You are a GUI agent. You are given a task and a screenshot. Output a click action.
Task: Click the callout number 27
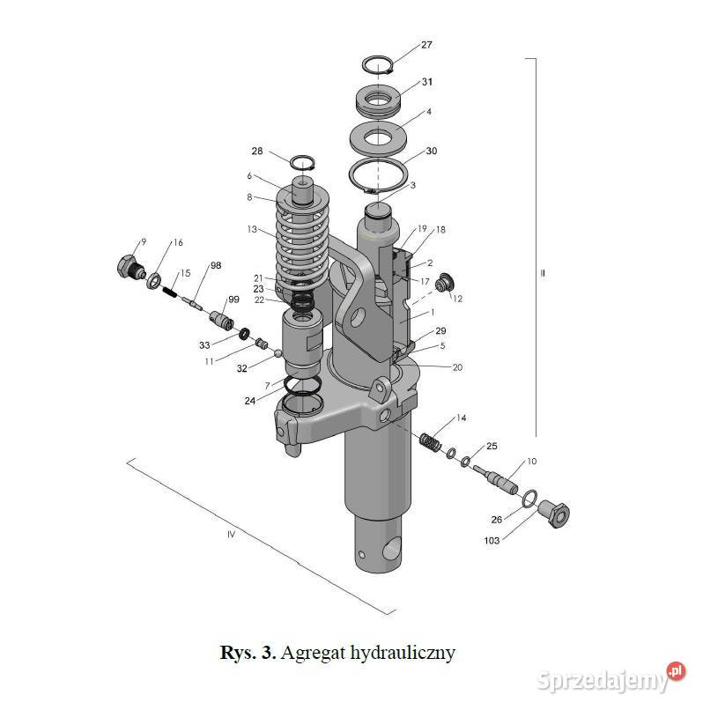click(x=427, y=44)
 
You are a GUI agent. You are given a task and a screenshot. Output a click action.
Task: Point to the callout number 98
click(x=216, y=266)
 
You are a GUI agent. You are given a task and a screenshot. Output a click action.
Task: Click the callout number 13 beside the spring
click(x=252, y=229)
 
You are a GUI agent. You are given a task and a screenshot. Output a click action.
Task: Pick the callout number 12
click(x=457, y=299)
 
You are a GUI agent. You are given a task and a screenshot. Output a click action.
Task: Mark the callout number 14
click(x=461, y=418)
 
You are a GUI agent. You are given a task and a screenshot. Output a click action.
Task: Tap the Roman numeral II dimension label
click(x=543, y=274)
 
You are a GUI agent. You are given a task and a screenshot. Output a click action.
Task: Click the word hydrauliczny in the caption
click(x=403, y=653)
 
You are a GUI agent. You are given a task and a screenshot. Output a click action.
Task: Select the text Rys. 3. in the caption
click(x=248, y=653)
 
